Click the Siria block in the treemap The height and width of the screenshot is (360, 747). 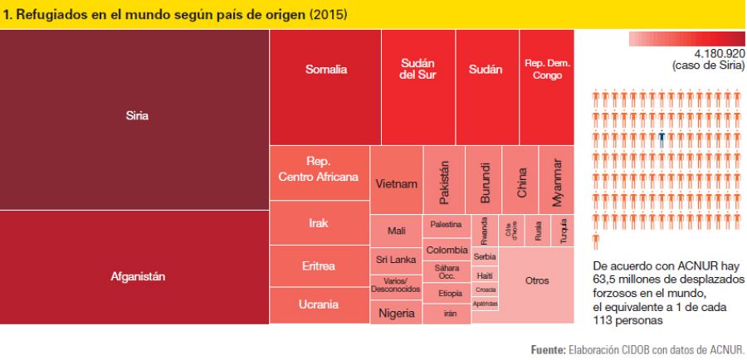pyautogui.click(x=134, y=116)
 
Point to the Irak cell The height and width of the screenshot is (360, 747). pyautogui.click(x=319, y=222)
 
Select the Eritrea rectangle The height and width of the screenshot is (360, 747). pyautogui.click(x=319, y=265)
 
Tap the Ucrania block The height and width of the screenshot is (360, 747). pyautogui.click(x=319, y=304)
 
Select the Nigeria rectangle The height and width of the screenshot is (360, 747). pyautogui.click(x=396, y=313)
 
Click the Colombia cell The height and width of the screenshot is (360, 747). pyautogui.click(x=447, y=249)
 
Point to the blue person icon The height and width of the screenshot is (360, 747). pyautogui.click(x=662, y=138)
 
